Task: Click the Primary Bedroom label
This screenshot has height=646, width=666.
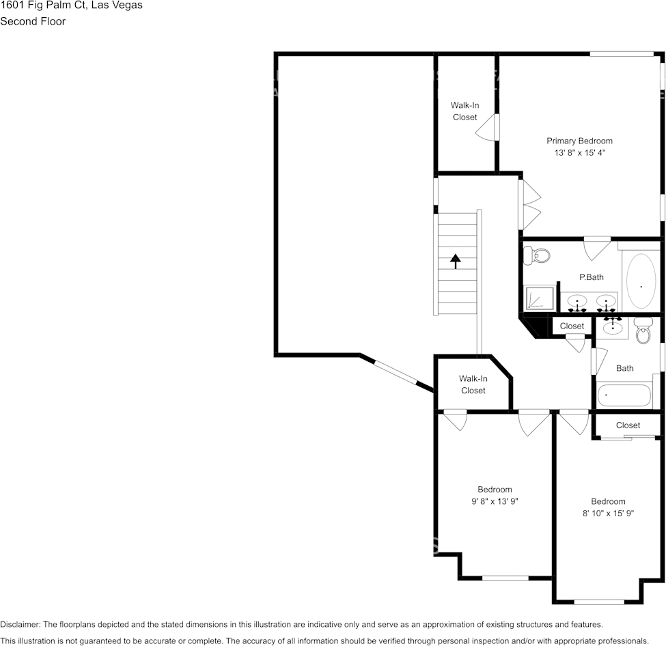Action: click(579, 141)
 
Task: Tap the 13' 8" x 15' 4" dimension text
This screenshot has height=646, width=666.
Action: click(579, 154)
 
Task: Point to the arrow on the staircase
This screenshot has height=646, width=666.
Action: click(456, 262)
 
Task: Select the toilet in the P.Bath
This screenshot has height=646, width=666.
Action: click(537, 256)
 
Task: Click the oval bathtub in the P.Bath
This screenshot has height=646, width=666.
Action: click(641, 281)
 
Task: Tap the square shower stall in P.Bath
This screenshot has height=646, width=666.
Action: click(539, 299)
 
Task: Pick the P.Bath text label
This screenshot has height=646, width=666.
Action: click(591, 277)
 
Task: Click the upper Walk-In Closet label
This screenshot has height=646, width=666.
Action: click(464, 111)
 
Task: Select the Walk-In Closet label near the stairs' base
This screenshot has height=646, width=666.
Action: click(473, 384)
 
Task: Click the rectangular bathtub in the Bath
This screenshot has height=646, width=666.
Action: click(624, 396)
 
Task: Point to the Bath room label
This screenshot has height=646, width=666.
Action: click(624, 368)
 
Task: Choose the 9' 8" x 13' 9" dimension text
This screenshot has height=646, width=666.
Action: click(495, 501)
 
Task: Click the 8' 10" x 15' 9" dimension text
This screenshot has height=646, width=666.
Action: click(608, 513)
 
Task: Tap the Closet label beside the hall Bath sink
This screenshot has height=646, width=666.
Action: click(572, 326)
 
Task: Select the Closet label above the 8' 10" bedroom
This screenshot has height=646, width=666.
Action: click(628, 425)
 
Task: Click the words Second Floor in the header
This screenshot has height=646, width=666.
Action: click(33, 21)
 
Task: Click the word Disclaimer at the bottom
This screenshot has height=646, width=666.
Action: click(20, 624)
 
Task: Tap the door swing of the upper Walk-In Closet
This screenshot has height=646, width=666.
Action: click(488, 128)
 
